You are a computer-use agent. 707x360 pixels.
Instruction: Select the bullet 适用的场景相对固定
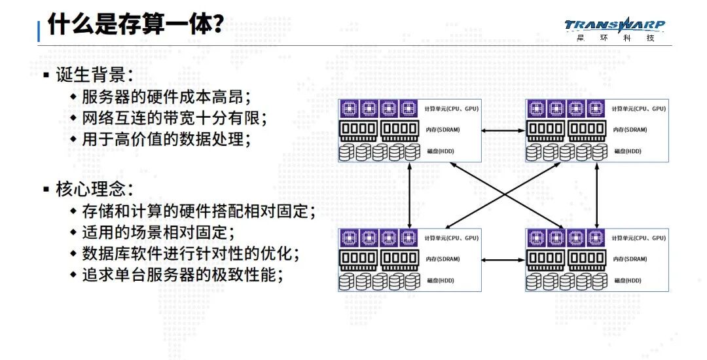[157, 232]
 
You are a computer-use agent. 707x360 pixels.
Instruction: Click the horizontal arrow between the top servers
[503, 131]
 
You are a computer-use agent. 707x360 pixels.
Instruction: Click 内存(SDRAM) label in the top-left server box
[443, 130]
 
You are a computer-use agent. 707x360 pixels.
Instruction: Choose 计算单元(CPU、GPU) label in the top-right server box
[639, 108]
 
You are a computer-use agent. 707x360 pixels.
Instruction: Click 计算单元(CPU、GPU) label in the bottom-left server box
[452, 238]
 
